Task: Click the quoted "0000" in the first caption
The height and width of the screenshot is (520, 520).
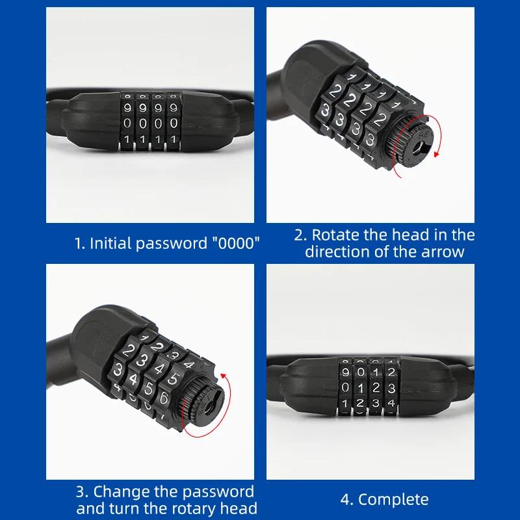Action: click(x=234, y=244)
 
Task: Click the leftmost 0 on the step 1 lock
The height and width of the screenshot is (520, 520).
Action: click(x=127, y=122)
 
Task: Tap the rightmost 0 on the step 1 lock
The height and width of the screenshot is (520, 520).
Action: click(x=173, y=122)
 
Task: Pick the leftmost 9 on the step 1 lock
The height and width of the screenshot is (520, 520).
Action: click(x=127, y=105)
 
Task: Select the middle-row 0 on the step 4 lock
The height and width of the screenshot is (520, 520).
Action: click(x=345, y=388)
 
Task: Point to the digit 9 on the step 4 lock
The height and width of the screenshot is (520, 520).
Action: click(x=345, y=372)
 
